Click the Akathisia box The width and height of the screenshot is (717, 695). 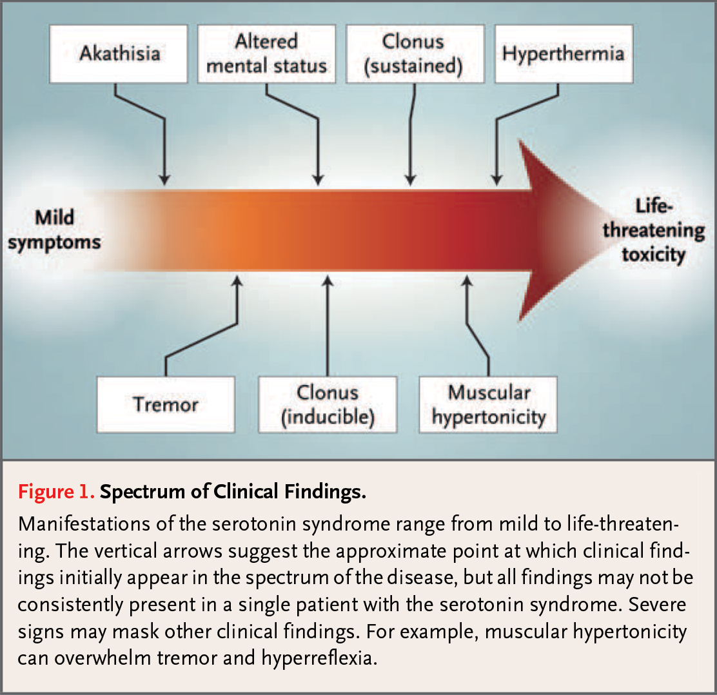tap(119, 54)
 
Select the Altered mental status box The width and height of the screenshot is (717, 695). tap(266, 54)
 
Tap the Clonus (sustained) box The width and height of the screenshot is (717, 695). tap(415, 54)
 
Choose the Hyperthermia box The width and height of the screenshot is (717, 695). tap(564, 54)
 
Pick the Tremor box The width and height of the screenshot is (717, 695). tap(166, 405)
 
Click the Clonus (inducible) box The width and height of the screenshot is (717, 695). tap(328, 405)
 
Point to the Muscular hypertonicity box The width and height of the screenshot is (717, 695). tap(488, 405)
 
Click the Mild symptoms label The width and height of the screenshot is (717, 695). tap(54, 230)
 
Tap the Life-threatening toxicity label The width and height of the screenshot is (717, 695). tap(653, 230)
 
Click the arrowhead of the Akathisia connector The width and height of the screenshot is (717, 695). tap(164, 180)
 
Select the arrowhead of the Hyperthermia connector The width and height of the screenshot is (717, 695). tap(497, 180)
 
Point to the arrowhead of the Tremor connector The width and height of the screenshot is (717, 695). tap(237, 280)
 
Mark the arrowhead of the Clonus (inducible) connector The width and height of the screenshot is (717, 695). tap(328, 280)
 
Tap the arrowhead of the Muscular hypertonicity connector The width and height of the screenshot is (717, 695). tap(467, 280)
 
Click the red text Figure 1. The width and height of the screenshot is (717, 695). tap(56, 492)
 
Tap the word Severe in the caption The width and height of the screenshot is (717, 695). tap(657, 605)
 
